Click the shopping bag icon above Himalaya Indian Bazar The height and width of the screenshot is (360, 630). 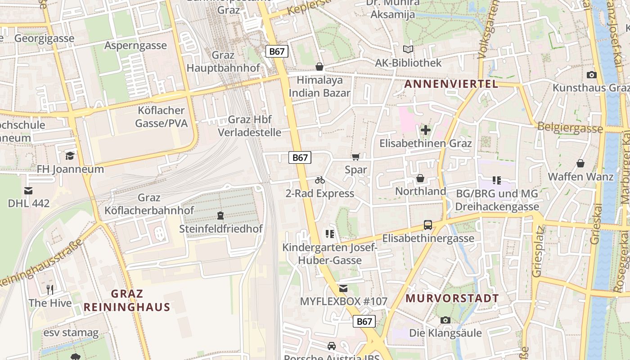click(x=319, y=67)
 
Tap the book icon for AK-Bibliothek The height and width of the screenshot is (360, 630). click(x=408, y=49)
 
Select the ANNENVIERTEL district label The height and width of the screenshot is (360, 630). click(x=451, y=84)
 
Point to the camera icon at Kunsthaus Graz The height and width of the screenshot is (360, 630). click(x=592, y=75)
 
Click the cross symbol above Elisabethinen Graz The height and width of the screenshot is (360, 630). click(x=425, y=130)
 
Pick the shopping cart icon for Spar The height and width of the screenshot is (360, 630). click(x=356, y=157)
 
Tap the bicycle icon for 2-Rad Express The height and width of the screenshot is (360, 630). click(x=320, y=180)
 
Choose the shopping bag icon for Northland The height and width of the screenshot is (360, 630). click(x=420, y=178)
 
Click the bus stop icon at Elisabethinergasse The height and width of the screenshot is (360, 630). click(x=428, y=225)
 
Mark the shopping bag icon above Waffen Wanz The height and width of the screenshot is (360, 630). click(x=580, y=163)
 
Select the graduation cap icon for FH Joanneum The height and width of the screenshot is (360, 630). click(x=70, y=156)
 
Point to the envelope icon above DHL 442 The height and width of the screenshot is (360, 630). click(x=28, y=190)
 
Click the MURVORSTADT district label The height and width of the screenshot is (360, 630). click(x=452, y=298)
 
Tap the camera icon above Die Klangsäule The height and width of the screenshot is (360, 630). click(x=445, y=320)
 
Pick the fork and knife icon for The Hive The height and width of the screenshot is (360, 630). click(x=50, y=289)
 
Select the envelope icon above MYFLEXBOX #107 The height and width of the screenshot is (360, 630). click(x=343, y=288)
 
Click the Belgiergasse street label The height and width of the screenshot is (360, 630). click(x=570, y=128)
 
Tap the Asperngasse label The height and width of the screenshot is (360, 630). click(x=135, y=45)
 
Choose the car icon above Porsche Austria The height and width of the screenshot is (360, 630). click(x=332, y=346)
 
